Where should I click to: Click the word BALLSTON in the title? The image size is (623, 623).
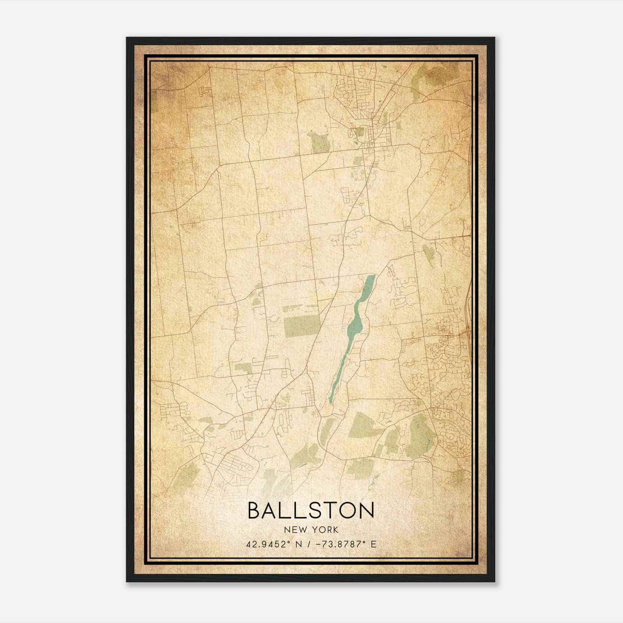[311, 510]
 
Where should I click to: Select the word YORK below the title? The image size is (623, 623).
[325, 530]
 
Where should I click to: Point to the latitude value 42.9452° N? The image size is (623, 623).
[273, 544]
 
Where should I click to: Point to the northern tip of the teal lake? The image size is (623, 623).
[372, 276]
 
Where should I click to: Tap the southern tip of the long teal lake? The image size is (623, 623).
[330, 401]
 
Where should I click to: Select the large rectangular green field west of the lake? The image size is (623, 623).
[301, 326]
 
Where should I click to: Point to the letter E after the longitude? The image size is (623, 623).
[373, 544]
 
